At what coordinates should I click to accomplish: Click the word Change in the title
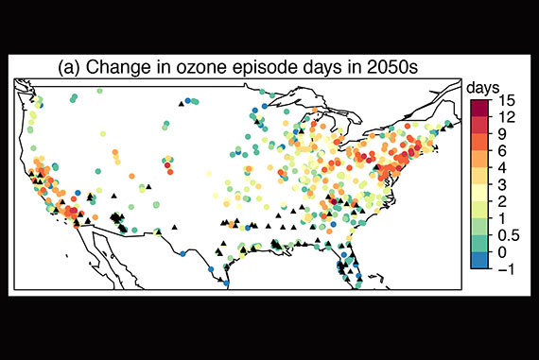(116, 68)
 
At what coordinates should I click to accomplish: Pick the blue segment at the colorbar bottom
(477, 261)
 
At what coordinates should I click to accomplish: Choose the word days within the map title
(320, 68)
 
